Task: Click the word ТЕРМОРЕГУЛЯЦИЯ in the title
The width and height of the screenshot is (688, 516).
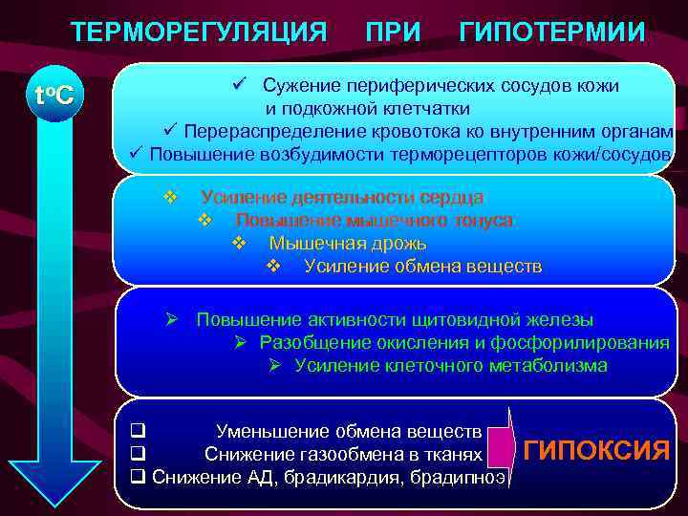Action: pos(199,32)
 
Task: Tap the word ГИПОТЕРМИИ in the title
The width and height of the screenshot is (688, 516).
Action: pos(552,32)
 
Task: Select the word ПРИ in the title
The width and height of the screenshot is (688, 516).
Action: pos(392,32)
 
